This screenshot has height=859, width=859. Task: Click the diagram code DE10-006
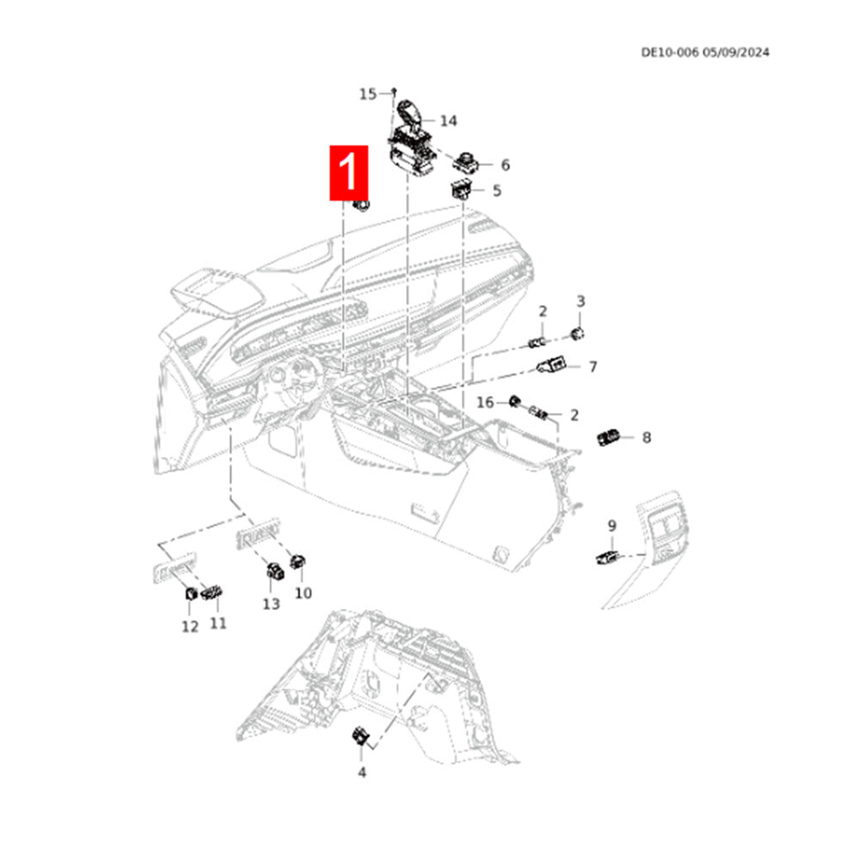point(669,52)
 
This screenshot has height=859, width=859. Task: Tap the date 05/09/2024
point(736,52)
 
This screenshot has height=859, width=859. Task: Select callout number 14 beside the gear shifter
point(448,120)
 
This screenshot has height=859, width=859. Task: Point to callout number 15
point(368,94)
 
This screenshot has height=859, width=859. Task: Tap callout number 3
point(581,301)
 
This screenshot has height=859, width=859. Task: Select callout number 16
point(485,402)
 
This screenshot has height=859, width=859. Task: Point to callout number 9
point(612,525)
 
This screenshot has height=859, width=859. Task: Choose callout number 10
point(303,593)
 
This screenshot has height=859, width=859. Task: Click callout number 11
point(218,622)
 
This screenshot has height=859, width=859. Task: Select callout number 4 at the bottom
point(362,772)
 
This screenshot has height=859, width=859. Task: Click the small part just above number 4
point(360,736)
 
